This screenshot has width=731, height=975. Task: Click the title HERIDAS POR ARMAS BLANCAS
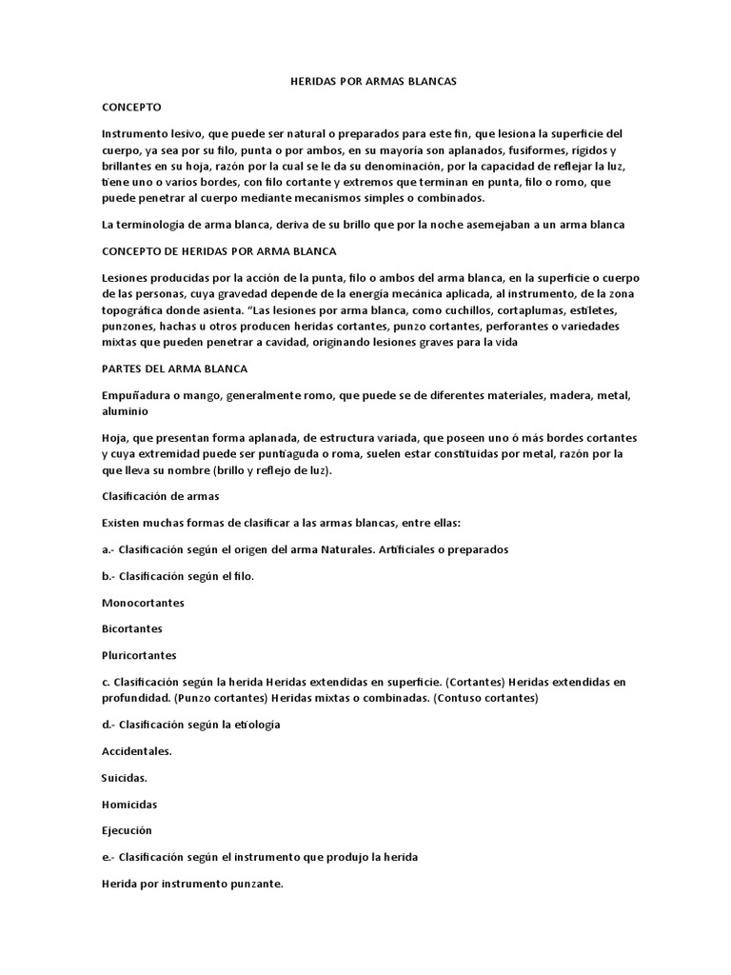click(373, 82)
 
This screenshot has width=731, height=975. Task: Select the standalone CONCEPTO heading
click(131, 108)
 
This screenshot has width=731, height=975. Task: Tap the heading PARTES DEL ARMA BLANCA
click(161, 367)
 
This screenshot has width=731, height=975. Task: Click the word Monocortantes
click(143, 603)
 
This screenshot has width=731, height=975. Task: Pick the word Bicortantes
click(131, 629)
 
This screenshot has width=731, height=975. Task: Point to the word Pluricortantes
click(139, 655)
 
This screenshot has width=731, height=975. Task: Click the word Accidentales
click(137, 751)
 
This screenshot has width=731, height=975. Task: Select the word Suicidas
click(125, 777)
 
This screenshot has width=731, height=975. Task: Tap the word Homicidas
click(129, 804)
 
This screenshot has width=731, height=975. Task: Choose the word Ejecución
click(127, 830)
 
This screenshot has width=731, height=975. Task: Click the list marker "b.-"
click(109, 576)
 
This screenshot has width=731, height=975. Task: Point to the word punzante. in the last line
click(252, 884)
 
